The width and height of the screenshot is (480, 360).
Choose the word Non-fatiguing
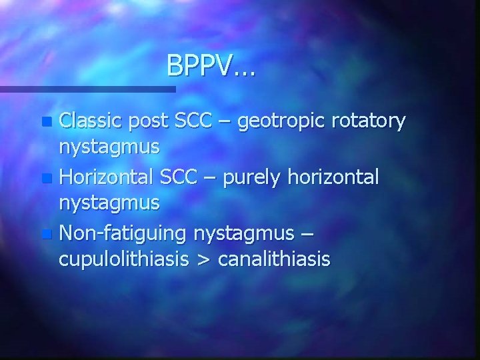pos(123,234)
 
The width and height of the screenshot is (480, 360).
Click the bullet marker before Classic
pos(45,123)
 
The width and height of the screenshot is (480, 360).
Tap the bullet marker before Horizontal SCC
pos(45,179)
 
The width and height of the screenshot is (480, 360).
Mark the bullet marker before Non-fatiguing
pos(45,235)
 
